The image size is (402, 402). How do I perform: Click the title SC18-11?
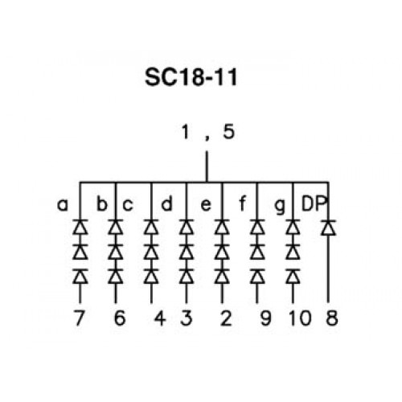191,77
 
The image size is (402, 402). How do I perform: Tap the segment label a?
63,205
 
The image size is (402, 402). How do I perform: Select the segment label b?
102,203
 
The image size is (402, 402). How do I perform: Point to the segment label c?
128,205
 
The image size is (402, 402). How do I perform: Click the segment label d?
166,203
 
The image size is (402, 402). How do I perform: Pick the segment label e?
206,205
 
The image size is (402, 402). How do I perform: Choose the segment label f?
242,203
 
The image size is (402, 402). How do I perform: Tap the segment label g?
280,207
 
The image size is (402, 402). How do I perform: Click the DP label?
314,203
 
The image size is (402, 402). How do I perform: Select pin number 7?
79,318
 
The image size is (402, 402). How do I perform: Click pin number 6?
120,318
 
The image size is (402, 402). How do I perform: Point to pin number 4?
160,318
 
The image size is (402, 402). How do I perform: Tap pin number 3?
187,318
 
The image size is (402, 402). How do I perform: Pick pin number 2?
226,318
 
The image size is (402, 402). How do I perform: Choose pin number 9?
265,318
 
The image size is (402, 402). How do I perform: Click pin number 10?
300,318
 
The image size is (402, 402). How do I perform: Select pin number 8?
332,318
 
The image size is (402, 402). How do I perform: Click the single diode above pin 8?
328,228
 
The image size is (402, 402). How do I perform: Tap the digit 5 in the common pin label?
229,132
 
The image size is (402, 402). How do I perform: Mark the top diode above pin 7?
80,228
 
